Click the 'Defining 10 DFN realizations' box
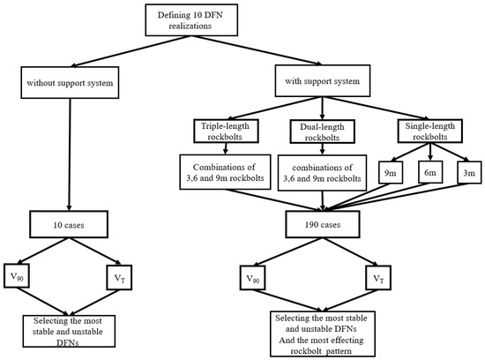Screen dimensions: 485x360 coord(191,20)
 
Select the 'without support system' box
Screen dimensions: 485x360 coord(70,83)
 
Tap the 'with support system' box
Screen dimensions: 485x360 coord(323,81)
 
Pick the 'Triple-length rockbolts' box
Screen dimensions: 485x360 coord(226,131)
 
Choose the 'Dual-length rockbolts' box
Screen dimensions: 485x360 coord(322,131)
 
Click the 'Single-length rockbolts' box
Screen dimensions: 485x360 coord(430,131)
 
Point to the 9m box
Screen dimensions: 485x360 coord(391,172)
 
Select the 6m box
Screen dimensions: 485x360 coord(430,172)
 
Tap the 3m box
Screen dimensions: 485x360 coord(469,172)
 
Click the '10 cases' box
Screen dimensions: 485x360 coord(69,224)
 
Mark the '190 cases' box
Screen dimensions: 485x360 coord(323,224)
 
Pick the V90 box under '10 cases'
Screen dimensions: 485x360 coord(17,276)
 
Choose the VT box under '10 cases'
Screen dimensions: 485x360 coord(119,277)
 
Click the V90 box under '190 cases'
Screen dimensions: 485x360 coord(253,278)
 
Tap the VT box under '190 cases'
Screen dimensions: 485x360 coord(378,278)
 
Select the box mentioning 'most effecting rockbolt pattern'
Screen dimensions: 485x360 coord(323,334)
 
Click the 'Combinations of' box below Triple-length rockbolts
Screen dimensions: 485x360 coord(225,172)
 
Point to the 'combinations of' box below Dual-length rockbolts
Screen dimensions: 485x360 coord(322,173)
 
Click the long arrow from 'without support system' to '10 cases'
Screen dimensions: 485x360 coord(70,154)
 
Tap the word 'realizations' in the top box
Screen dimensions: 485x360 coord(190,26)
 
